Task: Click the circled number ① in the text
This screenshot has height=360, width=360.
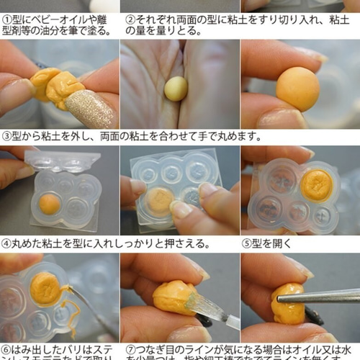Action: [6, 19]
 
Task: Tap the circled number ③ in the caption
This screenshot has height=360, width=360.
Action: [6, 135]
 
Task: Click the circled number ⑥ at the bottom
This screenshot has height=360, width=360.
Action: [6, 349]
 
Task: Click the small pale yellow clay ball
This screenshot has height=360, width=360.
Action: [176, 88]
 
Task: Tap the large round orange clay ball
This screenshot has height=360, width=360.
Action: [297, 89]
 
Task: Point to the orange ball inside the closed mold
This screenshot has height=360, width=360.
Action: [50, 204]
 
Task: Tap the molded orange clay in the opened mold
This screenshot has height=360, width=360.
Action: [316, 185]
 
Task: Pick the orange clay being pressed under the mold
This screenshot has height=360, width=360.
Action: [160, 199]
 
